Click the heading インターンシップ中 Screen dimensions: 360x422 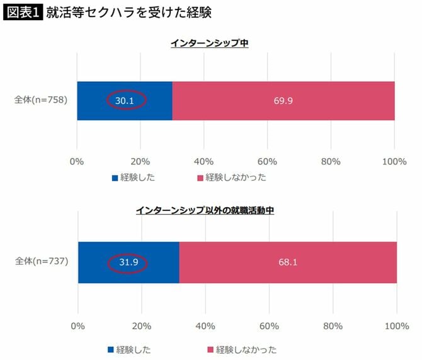[x=211, y=43]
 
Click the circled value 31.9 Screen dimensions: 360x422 [x=128, y=262]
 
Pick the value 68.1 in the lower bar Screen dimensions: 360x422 [x=288, y=262]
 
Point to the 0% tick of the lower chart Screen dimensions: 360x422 [x=78, y=326]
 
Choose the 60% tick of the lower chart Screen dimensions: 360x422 [x=269, y=326]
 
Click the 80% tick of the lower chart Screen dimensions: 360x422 [x=333, y=326]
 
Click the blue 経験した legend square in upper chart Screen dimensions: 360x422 [x=115, y=178]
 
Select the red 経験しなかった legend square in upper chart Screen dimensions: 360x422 [x=201, y=178]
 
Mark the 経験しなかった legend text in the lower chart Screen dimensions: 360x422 [x=246, y=349]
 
